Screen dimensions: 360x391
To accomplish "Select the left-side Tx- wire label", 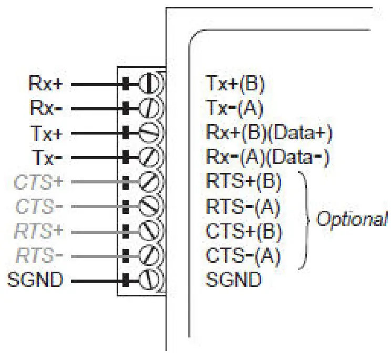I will [48, 157].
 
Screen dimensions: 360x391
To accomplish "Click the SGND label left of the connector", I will [35, 280].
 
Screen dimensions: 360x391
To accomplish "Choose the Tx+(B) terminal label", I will [235, 84].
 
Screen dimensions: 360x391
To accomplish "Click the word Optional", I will [351, 219].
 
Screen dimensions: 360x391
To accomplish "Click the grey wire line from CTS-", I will [97, 207].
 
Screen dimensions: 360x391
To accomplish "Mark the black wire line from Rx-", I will [97, 108].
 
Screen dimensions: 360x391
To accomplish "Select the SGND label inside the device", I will [233, 280].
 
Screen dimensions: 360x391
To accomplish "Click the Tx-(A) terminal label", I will [234, 108].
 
